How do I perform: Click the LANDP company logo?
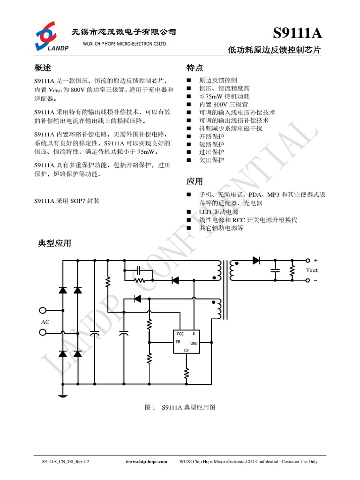(x=50, y=36)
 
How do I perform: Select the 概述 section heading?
(x=43, y=67)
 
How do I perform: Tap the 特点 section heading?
(x=195, y=67)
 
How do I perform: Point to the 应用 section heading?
(x=195, y=181)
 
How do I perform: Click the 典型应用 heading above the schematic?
(x=55, y=243)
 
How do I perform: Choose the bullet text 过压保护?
(x=212, y=152)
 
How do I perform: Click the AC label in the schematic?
(x=45, y=322)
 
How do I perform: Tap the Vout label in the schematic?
(x=312, y=270)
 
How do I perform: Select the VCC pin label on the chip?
(x=180, y=334)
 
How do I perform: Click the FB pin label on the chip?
(x=178, y=342)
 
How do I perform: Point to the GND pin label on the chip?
(x=194, y=343)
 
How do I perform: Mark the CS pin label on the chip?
(x=186, y=350)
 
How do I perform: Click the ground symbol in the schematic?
(x=63, y=396)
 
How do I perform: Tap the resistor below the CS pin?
(x=186, y=374)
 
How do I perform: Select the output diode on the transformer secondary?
(x=256, y=261)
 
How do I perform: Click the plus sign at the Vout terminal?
(x=315, y=260)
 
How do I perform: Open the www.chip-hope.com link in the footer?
(x=146, y=462)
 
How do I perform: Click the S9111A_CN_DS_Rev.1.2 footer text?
(x=66, y=462)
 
